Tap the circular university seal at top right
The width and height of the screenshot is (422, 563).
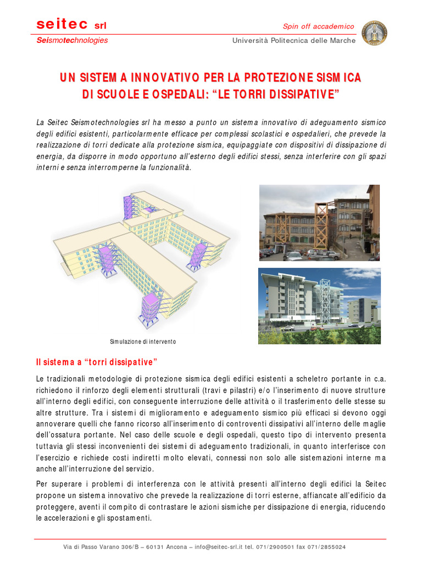click(x=375, y=34)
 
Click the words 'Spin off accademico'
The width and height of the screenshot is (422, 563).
click(x=318, y=26)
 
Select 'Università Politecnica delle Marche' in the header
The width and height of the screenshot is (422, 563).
click(x=294, y=40)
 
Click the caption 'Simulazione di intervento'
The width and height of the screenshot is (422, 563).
click(x=143, y=341)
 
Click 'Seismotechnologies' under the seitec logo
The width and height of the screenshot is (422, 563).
click(x=72, y=40)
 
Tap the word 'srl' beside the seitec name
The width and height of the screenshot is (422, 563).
click(x=100, y=25)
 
